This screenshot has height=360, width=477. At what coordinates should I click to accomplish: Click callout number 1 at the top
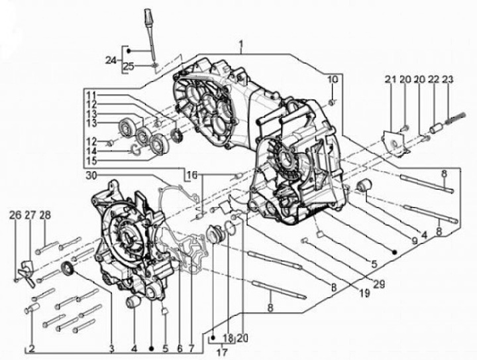point(242,45)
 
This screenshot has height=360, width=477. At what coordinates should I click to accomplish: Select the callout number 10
point(332,80)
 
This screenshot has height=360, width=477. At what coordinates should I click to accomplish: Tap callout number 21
point(390,80)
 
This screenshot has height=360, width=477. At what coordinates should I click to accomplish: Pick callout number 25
point(129,65)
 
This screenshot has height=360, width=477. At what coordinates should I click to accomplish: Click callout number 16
point(191,175)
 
